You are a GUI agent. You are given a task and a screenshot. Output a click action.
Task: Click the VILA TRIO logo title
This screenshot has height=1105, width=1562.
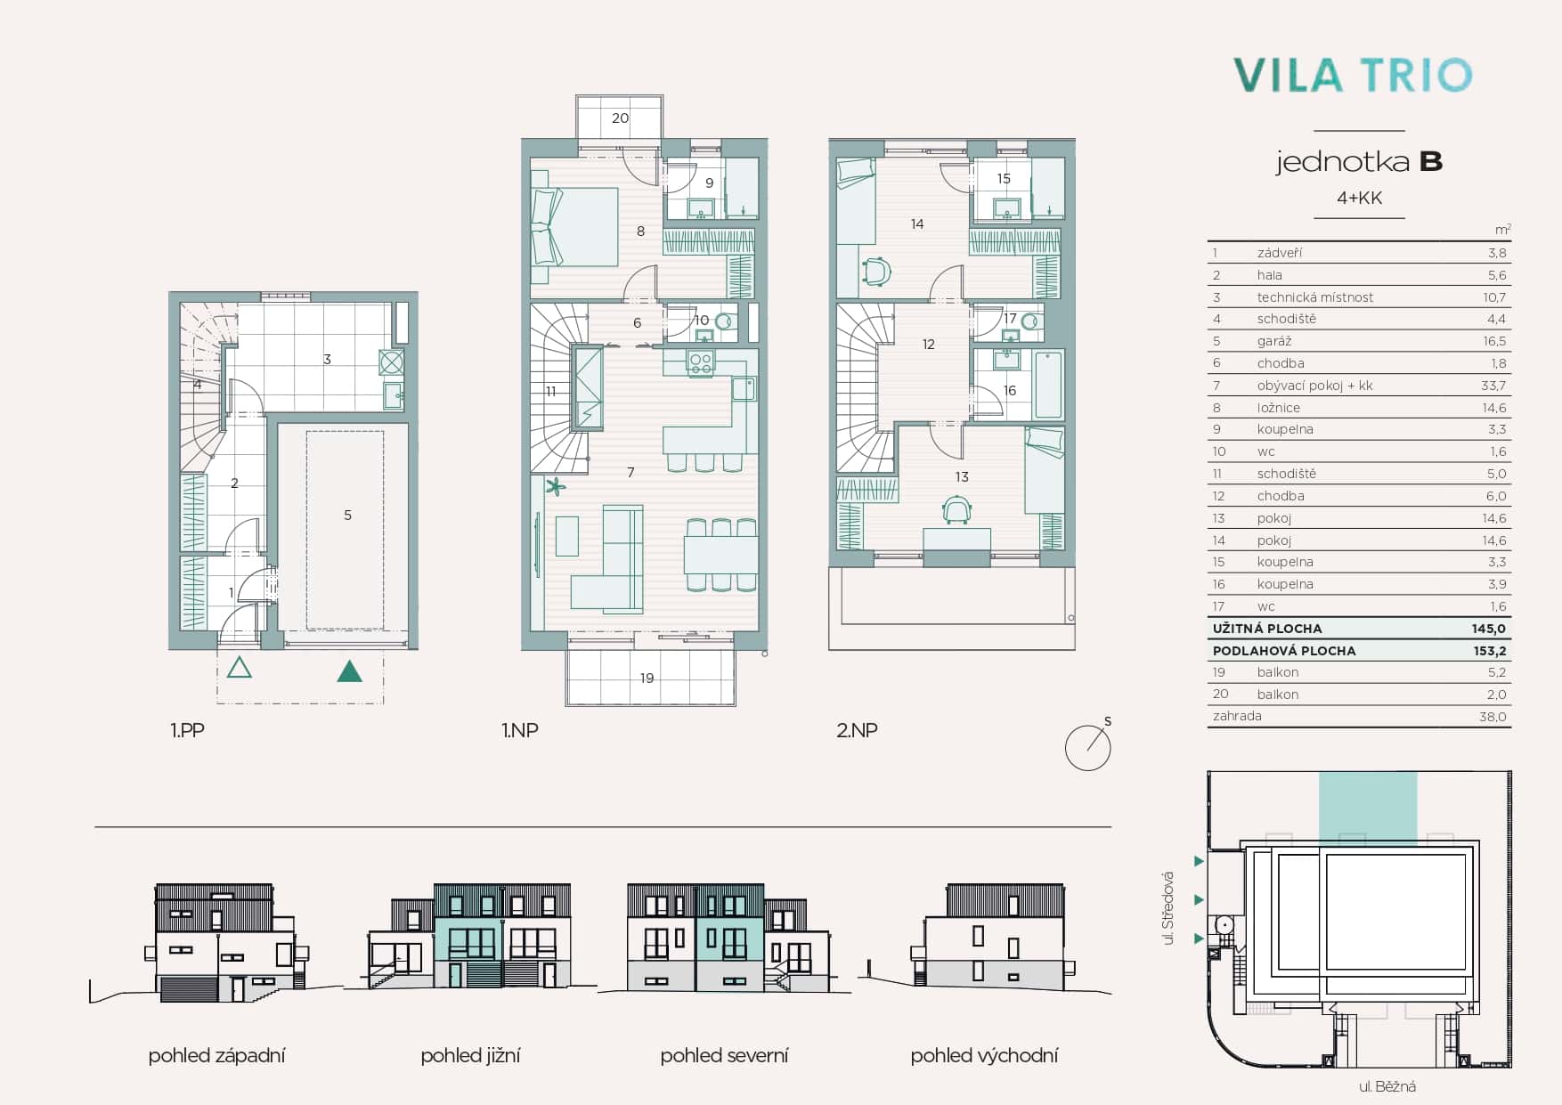[1352, 75]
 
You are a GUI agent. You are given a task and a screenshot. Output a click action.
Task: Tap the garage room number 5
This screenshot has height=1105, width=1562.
[347, 515]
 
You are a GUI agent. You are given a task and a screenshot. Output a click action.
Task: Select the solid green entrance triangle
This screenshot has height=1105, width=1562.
[350, 670]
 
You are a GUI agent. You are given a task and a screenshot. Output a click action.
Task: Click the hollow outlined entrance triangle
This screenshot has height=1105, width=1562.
[240, 666]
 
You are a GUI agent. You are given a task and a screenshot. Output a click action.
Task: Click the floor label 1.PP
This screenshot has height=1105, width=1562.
[187, 730]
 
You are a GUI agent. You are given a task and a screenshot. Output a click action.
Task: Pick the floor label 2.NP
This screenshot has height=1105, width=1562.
[857, 730]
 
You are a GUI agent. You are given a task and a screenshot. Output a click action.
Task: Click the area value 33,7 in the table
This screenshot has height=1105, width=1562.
[1493, 386]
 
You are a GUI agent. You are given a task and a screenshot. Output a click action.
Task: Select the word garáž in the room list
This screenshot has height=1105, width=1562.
[1274, 342]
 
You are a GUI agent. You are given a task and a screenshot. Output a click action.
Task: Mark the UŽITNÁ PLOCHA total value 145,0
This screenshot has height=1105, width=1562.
[1489, 629]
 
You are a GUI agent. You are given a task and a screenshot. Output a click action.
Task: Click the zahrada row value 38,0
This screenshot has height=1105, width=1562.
[1493, 717]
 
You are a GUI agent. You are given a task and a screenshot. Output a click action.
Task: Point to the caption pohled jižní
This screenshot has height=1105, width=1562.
[470, 1056]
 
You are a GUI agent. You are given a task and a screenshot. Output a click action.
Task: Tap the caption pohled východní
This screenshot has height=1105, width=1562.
[984, 1056]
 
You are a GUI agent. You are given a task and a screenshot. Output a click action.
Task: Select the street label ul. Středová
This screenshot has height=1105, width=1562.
[1169, 908]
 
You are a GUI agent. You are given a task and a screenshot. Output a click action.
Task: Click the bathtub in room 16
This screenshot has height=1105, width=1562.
[1048, 385]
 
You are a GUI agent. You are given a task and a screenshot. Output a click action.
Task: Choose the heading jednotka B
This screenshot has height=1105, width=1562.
[1359, 162]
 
